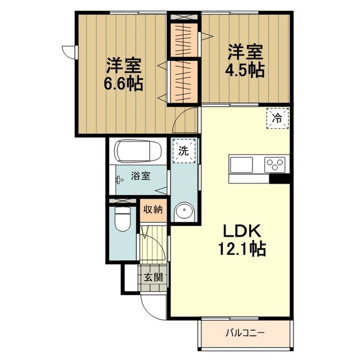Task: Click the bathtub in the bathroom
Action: tap(138, 151)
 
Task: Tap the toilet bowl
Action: tap(123, 219)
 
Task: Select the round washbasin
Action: tap(184, 211)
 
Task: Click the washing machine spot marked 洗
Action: tap(184, 151)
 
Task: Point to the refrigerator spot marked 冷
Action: tap(277, 119)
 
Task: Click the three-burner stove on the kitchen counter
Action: tap(274, 165)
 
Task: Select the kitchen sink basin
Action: tap(241, 165)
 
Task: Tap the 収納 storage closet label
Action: tap(153, 209)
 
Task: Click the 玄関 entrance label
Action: tap(154, 277)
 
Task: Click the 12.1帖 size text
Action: tap(242, 249)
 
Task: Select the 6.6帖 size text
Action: tap(124, 83)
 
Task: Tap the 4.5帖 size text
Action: tap(245, 69)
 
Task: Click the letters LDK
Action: tap(242, 231)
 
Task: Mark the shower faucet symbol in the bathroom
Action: tap(119, 180)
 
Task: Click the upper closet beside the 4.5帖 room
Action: tap(183, 40)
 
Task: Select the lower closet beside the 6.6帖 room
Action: tap(183, 82)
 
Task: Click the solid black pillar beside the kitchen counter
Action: tap(280, 179)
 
